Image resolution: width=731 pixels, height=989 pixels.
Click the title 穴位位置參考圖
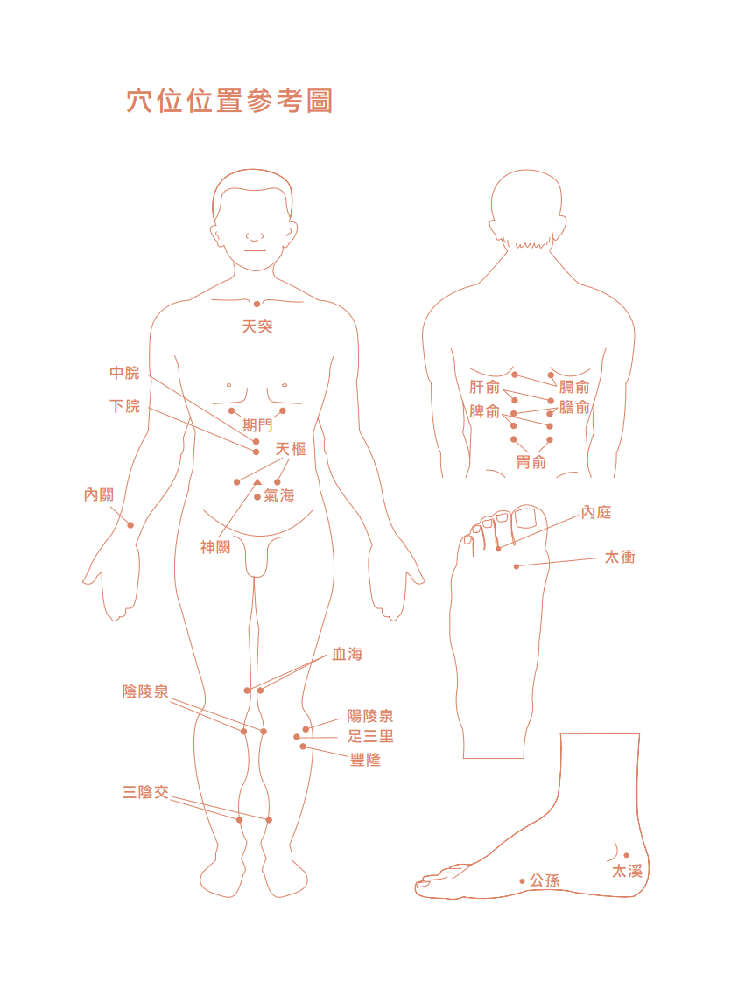pyautogui.click(x=229, y=101)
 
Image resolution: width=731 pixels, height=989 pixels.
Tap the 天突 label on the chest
pyautogui.click(x=257, y=326)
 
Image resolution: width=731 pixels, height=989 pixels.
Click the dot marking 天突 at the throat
pyautogui.click(x=257, y=304)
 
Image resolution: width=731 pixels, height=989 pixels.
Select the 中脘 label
pyautogui.click(x=124, y=373)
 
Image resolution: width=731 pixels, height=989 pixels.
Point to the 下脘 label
pyautogui.click(x=124, y=405)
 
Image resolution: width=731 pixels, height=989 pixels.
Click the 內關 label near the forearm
pyautogui.click(x=99, y=494)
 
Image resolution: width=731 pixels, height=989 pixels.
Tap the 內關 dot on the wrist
pyautogui.click(x=130, y=525)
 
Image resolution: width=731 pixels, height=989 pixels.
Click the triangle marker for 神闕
pyautogui.click(x=257, y=482)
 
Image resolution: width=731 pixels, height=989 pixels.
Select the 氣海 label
pyautogui.click(x=279, y=495)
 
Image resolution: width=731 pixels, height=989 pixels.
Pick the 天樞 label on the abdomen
pyautogui.click(x=291, y=449)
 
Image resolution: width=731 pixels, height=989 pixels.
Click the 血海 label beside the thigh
pyautogui.click(x=348, y=654)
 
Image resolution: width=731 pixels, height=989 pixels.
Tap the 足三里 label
pyautogui.click(x=371, y=736)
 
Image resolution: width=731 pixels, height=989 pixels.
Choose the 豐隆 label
pyautogui.click(x=366, y=760)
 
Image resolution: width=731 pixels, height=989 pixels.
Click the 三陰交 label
pyautogui.click(x=145, y=792)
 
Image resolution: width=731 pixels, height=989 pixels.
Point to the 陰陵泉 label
pyautogui.click(x=145, y=691)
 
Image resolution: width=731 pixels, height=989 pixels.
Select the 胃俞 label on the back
pyautogui.click(x=531, y=462)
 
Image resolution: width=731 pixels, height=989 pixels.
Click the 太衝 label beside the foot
pyautogui.click(x=620, y=557)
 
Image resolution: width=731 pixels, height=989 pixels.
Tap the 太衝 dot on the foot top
pyautogui.click(x=517, y=566)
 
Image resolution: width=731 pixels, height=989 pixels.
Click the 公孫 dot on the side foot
pyautogui.click(x=523, y=881)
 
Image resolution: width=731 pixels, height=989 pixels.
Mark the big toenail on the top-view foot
pyautogui.click(x=525, y=518)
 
